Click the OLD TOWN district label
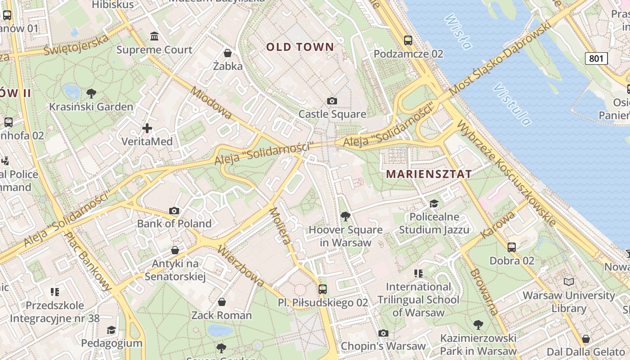coord(300,47)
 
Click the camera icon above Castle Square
coord(332,101)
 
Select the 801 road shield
coord(596,58)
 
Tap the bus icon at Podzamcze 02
coord(408,40)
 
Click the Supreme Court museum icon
coord(154,36)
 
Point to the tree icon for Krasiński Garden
coord(91,94)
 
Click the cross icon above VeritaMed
coord(147,128)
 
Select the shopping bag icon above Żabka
coord(228,53)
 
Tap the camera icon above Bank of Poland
coord(174,211)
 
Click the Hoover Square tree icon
coord(346,216)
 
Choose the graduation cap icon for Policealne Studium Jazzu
coord(434,204)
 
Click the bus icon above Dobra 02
coord(512,247)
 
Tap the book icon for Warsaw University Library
coord(569,282)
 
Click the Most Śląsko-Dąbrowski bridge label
coord(499,58)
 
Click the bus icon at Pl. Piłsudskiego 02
coord(323,289)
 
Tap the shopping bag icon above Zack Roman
coord(221,301)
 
